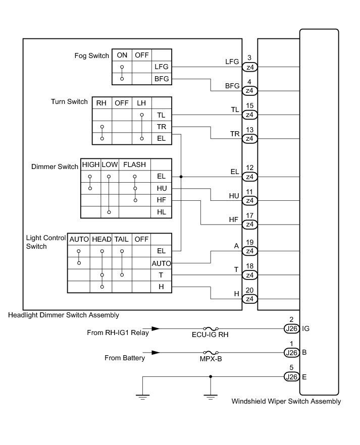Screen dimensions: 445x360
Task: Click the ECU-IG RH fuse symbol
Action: coord(210,328)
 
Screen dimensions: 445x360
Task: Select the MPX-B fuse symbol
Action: coord(210,353)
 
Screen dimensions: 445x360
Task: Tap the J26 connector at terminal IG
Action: coord(291,328)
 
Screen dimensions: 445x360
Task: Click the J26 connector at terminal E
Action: coord(291,376)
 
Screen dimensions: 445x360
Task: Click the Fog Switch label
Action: coord(91,55)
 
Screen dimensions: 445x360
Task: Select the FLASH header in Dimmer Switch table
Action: coord(134,165)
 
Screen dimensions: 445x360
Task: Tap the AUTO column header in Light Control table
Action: coord(79,239)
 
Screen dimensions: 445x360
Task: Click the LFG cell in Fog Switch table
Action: coord(162,67)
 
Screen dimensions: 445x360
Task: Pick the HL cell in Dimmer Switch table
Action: coord(161,212)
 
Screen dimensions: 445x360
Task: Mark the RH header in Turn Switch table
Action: coord(101,103)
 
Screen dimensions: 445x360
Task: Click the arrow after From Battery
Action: coord(157,353)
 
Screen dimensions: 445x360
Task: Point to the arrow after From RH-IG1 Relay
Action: coord(157,328)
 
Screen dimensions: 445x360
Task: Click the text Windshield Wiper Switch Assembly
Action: coord(286,402)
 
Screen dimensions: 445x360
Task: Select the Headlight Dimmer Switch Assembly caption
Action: coord(64,315)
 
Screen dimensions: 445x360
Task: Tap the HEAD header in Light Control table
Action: coord(101,239)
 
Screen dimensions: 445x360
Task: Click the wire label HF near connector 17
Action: coord(233,219)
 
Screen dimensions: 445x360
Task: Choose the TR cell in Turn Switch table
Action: coord(161,127)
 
